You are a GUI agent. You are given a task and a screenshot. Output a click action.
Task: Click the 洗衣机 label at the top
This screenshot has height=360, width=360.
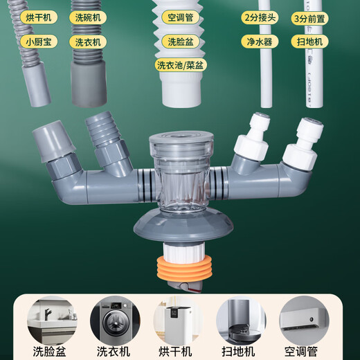coord(89,42)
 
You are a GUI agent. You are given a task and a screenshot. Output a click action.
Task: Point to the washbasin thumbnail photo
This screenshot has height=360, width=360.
coord(52,321)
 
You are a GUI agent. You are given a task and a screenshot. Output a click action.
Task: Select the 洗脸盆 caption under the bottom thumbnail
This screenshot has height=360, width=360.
coord(52,351)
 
